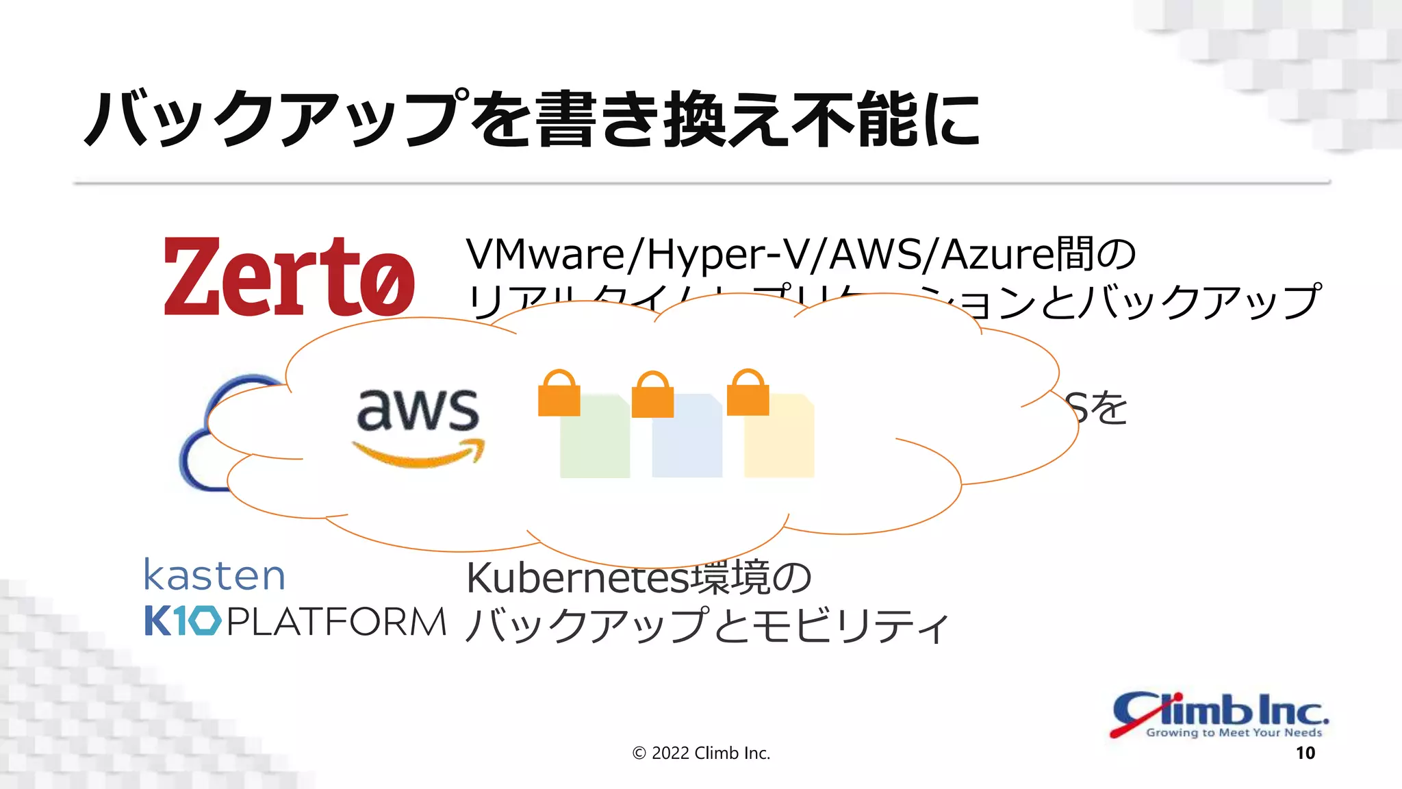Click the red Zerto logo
point(289,277)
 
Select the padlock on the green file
point(559,394)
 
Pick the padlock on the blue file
point(652,396)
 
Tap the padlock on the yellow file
point(748,394)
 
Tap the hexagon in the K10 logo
point(204,621)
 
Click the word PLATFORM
point(336,623)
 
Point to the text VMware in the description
point(544,255)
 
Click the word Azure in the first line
point(997,255)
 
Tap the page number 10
point(1305,753)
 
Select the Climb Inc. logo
point(1219,714)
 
